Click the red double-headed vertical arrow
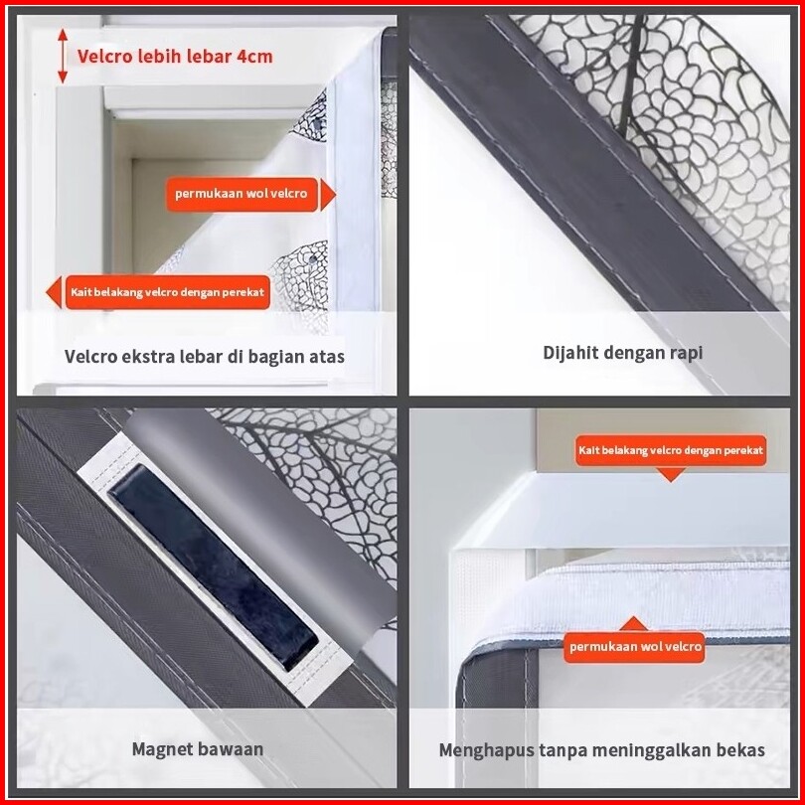click(63, 56)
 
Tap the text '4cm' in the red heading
click(254, 56)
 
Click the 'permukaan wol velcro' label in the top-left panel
click(241, 194)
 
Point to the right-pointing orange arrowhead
click(328, 195)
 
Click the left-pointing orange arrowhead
click(54, 292)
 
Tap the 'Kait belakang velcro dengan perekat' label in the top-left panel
click(167, 292)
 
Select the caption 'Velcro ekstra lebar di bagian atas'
click(205, 357)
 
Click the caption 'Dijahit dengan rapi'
click(622, 353)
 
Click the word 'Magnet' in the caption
click(162, 749)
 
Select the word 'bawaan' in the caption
click(230, 749)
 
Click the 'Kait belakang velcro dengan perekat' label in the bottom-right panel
click(671, 451)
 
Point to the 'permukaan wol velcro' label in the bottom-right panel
click(634, 646)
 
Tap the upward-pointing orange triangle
click(633, 623)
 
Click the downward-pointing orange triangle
click(671, 474)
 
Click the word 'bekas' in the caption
click(741, 750)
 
